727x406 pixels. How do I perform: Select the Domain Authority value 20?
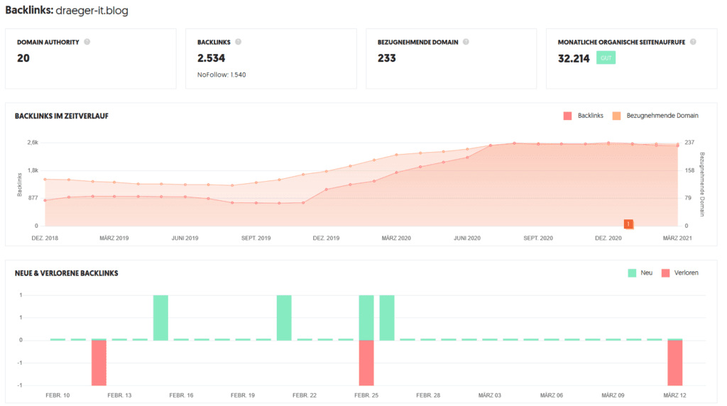pyautogui.click(x=23, y=58)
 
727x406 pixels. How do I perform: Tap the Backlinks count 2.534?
pyautogui.click(x=211, y=58)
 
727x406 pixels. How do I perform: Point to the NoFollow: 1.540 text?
pyautogui.click(x=222, y=75)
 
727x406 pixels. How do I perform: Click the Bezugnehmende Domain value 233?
pyautogui.click(x=387, y=58)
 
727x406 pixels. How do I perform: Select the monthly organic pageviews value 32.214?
pyautogui.click(x=574, y=58)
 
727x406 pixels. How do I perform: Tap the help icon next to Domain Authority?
pyautogui.click(x=87, y=42)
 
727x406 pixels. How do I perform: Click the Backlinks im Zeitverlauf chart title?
pyautogui.click(x=62, y=116)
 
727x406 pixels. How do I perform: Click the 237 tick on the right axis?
pyautogui.click(x=689, y=143)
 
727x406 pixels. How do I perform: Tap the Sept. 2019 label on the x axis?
pyautogui.click(x=256, y=238)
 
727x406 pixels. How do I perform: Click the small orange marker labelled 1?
pyautogui.click(x=628, y=224)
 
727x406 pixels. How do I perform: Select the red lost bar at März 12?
pyautogui.click(x=674, y=362)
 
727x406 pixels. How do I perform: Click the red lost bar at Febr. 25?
pyautogui.click(x=366, y=362)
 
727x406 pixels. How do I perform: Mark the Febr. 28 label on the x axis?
pyautogui.click(x=428, y=395)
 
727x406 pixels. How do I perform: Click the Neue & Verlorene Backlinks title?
pyautogui.click(x=66, y=273)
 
